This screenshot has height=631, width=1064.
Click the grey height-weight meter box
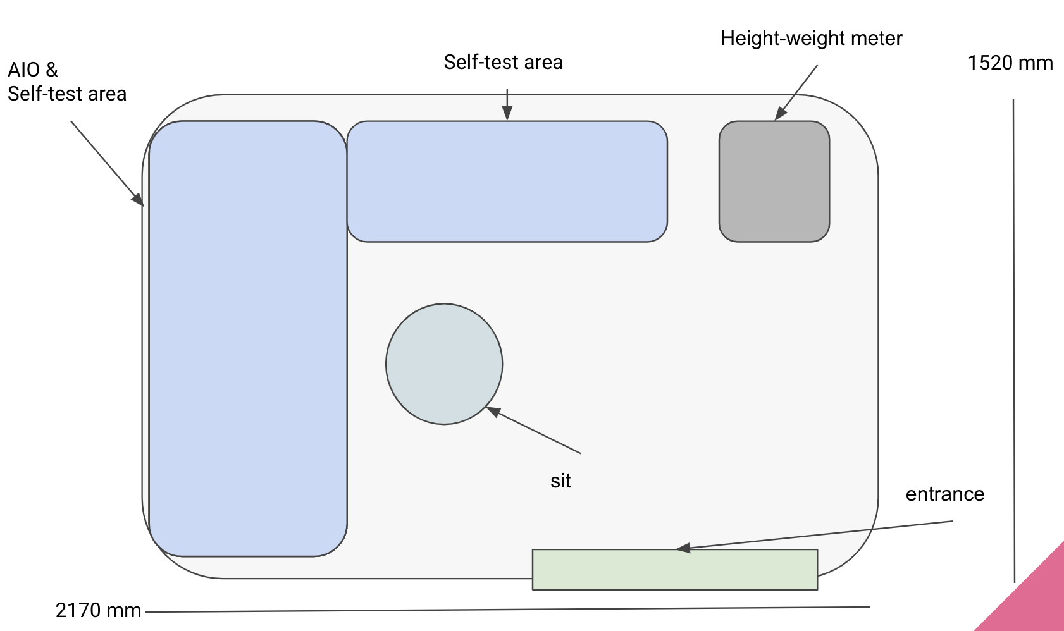click(x=774, y=181)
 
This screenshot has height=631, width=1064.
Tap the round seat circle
click(x=444, y=364)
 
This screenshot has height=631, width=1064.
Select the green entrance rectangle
click(x=674, y=570)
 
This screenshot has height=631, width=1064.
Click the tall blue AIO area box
click(x=247, y=338)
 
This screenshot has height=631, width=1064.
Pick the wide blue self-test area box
click(x=507, y=181)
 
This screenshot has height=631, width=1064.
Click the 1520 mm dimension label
click(x=1010, y=63)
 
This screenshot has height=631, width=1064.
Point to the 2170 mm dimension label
click(x=98, y=610)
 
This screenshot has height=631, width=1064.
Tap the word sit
click(x=560, y=481)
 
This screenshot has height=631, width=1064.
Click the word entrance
click(x=945, y=494)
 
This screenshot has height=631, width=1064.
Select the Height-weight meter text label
click(x=811, y=39)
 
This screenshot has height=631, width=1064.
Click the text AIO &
click(x=33, y=70)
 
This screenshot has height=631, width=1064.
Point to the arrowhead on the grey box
click(x=781, y=114)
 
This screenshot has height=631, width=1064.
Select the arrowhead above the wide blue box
click(x=507, y=114)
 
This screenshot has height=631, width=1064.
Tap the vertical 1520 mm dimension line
click(x=1013, y=341)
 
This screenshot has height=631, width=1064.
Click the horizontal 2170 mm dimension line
click(x=506, y=610)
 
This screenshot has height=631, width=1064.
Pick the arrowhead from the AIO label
click(x=138, y=199)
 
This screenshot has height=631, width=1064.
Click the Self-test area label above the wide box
click(x=503, y=63)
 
